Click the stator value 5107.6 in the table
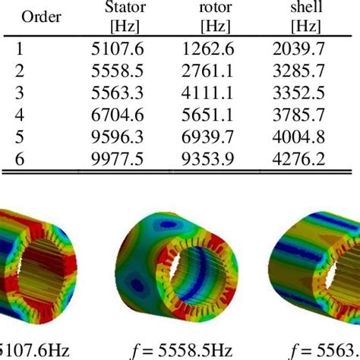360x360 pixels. click(122, 49)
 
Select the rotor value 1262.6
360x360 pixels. click(210, 49)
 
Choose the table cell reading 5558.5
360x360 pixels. click(122, 71)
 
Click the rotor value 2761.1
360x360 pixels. click(210, 71)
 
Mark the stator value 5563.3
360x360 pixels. click(122, 91)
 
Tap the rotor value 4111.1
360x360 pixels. click(210, 91)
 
